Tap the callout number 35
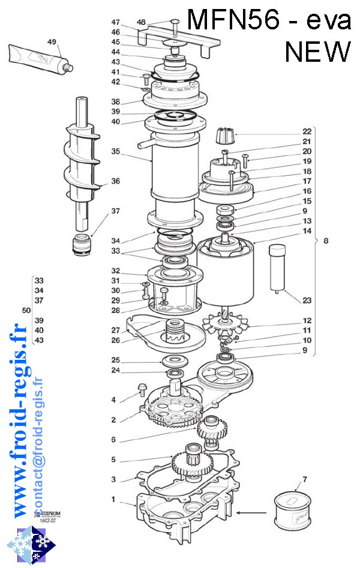coord(116,151)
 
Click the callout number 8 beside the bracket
coord(326,241)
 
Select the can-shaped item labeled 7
coord(294,509)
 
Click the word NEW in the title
coord(317,52)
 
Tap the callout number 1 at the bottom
coord(113,499)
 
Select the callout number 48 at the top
coord(141,22)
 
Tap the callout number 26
coord(115,340)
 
